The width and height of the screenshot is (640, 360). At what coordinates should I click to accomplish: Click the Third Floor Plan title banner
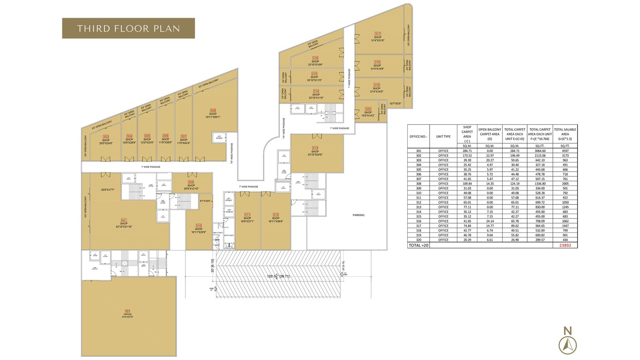click(128, 28)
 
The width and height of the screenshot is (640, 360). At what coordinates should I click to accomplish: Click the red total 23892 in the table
click(565, 246)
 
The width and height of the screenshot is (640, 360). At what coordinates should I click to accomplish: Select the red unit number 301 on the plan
click(127, 311)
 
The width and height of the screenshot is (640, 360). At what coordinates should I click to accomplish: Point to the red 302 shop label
click(124, 220)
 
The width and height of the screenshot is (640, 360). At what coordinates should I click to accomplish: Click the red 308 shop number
click(213, 110)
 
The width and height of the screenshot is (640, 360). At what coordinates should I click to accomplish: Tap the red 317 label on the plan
click(378, 34)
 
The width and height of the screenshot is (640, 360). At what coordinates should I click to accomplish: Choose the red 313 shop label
click(315, 148)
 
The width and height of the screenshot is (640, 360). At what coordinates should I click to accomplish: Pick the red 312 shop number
click(276, 215)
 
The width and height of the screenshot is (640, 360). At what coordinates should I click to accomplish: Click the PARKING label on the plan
click(358, 215)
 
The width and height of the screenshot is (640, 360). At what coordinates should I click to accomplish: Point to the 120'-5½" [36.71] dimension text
click(278, 276)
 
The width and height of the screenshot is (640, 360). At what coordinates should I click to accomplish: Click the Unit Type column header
click(443, 136)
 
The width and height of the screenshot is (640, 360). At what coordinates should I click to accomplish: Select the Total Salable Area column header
click(565, 134)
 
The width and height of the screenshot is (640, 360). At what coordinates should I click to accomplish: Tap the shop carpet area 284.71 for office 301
click(467, 151)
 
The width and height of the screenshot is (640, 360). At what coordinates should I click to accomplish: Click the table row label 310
click(418, 193)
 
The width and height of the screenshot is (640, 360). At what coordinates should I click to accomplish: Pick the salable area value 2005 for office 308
click(565, 184)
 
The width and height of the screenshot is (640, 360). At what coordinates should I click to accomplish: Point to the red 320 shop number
click(368, 109)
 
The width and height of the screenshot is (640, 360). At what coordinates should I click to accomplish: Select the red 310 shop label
click(199, 226)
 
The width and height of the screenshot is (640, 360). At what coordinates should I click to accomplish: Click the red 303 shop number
click(106, 137)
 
